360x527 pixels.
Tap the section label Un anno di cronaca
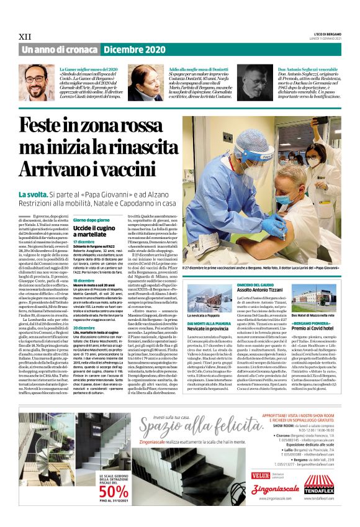[60, 50]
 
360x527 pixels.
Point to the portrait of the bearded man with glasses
[38, 84]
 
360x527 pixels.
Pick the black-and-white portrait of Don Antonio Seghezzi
[255, 84]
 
